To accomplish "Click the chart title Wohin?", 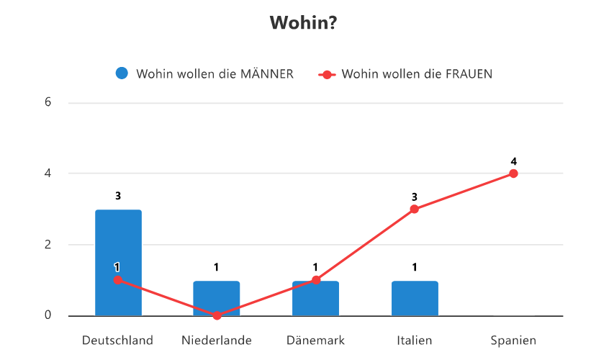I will (304, 23).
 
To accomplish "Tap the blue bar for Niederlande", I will (217, 298).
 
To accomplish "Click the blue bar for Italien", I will (415, 298).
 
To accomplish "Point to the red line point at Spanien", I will (513, 174).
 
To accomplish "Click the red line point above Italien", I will (415, 209).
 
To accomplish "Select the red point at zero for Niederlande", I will (217, 315).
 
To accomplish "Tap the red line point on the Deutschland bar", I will (118, 280).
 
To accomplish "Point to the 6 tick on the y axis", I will (48, 102).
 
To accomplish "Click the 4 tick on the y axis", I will (48, 174).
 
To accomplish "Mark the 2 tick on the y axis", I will (48, 245).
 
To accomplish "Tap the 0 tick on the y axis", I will (48, 315).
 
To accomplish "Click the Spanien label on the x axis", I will (513, 341).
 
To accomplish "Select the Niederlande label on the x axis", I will (217, 341).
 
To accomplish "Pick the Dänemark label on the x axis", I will (315, 341).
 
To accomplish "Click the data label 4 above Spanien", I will (513, 161).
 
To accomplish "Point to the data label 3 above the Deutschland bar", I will (118, 196).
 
